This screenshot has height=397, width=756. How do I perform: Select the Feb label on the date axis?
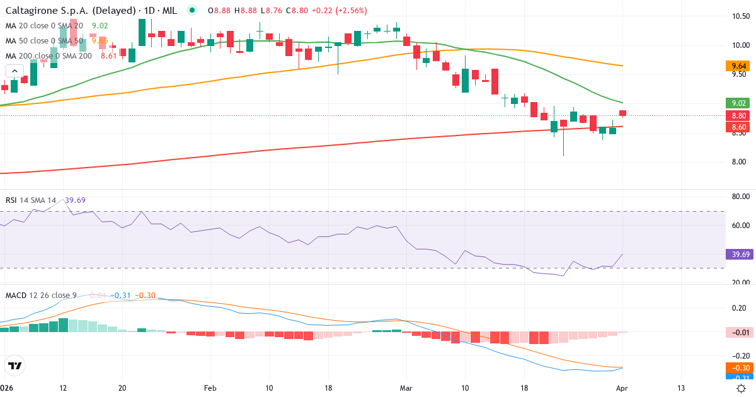pos(210,388)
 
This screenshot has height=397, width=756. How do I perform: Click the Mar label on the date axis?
pos(406,388)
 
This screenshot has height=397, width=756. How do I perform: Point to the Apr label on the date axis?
pos(621,388)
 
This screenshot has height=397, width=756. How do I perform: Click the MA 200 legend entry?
pos(49,55)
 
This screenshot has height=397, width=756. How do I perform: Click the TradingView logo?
pos(14,365)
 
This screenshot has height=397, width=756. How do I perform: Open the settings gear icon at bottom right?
pos(742,388)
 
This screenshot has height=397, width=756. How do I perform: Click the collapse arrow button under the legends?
pos(14,71)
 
